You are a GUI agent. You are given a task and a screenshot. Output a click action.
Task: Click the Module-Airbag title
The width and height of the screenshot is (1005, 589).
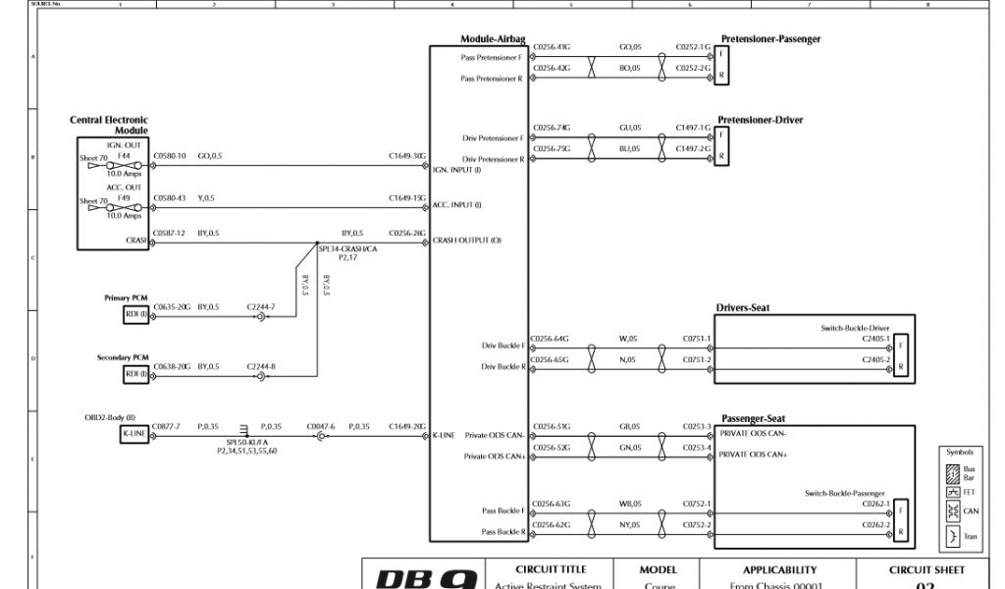click(x=493, y=39)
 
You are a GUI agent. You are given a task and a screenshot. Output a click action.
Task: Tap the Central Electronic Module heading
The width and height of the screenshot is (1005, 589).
click(x=109, y=125)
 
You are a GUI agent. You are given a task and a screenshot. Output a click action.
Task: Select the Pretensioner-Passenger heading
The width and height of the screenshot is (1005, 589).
click(x=770, y=39)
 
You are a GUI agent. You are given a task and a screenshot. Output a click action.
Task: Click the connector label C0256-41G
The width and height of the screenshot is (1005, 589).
click(x=551, y=46)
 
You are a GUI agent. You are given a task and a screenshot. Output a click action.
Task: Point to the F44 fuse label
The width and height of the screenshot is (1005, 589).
click(x=124, y=155)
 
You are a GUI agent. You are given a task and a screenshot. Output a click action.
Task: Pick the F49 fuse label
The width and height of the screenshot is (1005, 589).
click(x=124, y=197)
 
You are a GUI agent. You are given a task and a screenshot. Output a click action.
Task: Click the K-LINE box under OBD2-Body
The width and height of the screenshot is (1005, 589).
click(x=134, y=433)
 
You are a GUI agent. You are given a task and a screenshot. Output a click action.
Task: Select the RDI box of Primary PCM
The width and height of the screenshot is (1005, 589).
click(x=135, y=313)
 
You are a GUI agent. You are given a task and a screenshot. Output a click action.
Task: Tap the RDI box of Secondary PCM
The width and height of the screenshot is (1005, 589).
click(x=135, y=374)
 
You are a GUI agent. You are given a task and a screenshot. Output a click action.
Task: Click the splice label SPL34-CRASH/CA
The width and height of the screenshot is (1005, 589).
click(x=345, y=249)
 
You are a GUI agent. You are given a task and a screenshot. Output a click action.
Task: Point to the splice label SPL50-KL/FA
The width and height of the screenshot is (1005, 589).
click(x=247, y=443)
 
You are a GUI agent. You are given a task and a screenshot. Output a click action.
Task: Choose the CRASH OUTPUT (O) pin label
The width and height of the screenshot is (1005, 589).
click(x=467, y=241)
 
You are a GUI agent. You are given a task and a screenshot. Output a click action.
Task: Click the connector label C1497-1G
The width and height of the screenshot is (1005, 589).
click(x=693, y=128)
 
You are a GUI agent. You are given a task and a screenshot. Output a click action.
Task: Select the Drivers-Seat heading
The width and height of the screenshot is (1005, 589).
click(x=742, y=307)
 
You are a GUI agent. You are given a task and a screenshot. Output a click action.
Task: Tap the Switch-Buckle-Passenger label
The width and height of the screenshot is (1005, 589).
click(x=844, y=493)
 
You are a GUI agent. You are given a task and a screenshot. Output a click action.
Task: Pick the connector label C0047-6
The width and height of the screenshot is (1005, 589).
click(x=321, y=426)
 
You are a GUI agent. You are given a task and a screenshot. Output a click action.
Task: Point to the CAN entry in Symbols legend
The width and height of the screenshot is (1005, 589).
click(x=970, y=510)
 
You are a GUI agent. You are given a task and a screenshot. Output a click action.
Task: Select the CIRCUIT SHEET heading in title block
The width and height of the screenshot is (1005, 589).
click(x=926, y=569)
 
